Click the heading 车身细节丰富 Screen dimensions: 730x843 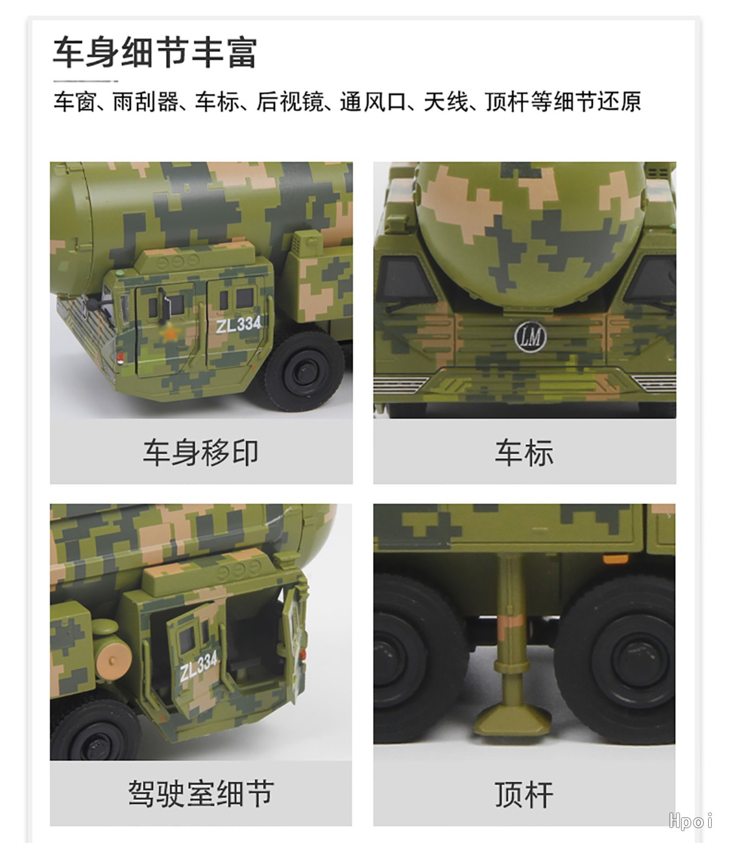click(155, 52)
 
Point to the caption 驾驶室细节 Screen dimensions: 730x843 click(201, 794)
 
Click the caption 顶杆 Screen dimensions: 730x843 click(524, 794)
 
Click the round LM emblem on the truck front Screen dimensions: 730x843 click(530, 337)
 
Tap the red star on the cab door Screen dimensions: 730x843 click(170, 334)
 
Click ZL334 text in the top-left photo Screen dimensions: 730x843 click(238, 324)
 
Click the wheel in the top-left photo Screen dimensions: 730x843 click(304, 371)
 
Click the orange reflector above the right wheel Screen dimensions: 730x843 click(616, 558)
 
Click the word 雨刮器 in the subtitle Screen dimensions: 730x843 click(145, 102)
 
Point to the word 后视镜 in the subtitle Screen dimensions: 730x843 click(290, 102)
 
